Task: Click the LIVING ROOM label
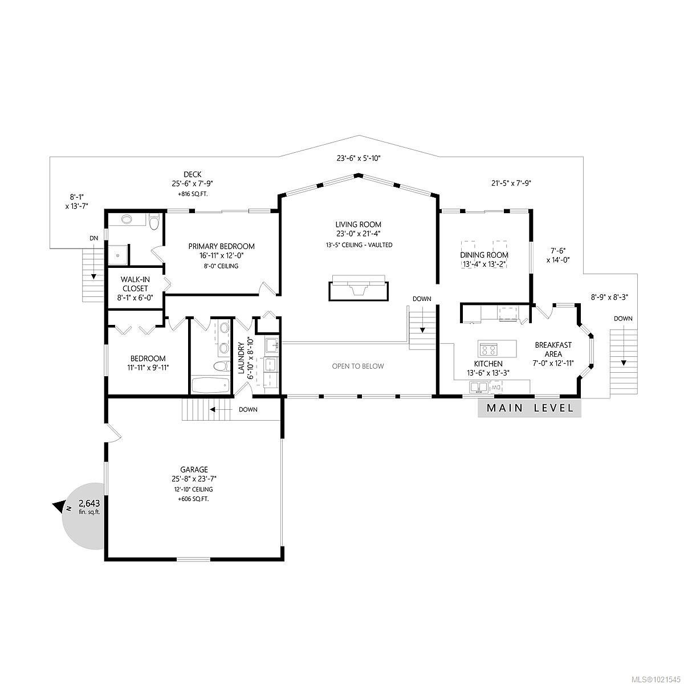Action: pyautogui.click(x=358, y=225)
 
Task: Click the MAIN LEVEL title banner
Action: pyautogui.click(x=530, y=408)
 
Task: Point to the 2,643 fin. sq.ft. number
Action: pyautogui.click(x=89, y=503)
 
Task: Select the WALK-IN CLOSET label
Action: pyautogui.click(x=135, y=284)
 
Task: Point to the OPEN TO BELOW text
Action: pyautogui.click(x=358, y=366)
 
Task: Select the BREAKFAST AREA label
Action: pyautogui.click(x=553, y=349)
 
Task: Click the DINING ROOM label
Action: pyautogui.click(x=484, y=255)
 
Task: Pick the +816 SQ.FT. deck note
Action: pyautogui.click(x=192, y=194)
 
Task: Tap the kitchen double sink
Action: pyautogui.click(x=478, y=388)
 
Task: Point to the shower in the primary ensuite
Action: pyautogui.click(x=118, y=255)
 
